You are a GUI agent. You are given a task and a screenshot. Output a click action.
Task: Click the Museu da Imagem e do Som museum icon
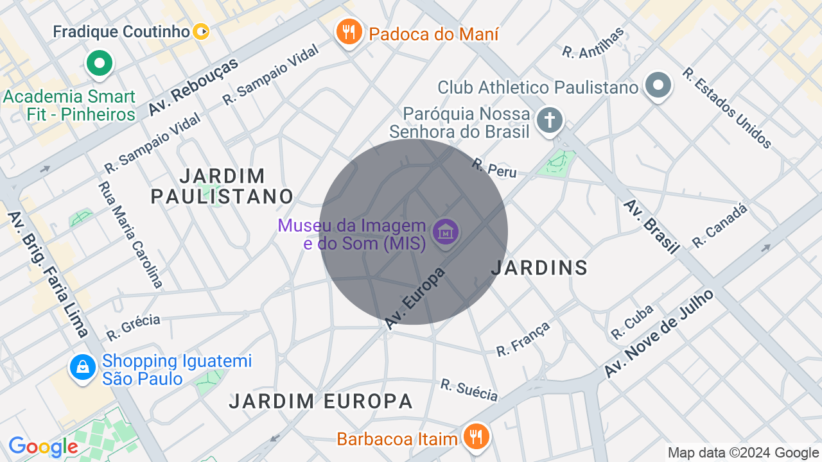click(x=445, y=232)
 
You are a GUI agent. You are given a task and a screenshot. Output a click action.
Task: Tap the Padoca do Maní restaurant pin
click(x=349, y=31)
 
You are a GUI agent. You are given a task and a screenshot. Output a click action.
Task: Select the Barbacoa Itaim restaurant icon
click(x=475, y=437)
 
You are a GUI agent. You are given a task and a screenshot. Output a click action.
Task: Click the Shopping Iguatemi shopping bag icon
click(x=83, y=368)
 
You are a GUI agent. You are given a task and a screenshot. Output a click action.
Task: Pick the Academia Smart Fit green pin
click(x=100, y=64)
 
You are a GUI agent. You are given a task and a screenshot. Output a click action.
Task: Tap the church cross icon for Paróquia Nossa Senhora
click(x=550, y=120)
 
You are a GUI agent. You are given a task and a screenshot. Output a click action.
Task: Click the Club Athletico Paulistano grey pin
click(x=658, y=86)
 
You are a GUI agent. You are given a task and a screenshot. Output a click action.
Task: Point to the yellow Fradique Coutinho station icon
click(x=202, y=31)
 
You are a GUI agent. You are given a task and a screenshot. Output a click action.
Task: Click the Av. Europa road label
click(x=415, y=298)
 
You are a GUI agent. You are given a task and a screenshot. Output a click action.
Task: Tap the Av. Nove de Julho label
click(x=659, y=334)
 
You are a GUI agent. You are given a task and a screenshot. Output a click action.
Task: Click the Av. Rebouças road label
click(x=193, y=87)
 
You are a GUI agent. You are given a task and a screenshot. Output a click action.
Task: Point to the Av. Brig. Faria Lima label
click(x=48, y=273)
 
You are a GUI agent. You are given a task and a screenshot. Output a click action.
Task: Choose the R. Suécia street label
click(x=469, y=389)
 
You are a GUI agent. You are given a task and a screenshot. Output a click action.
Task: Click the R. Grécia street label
click(x=133, y=327)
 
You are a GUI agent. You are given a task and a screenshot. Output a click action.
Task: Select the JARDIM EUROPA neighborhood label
click(x=320, y=401)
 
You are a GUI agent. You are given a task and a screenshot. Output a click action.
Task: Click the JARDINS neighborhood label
click(x=539, y=268)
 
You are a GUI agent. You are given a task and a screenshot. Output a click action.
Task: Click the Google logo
click(x=43, y=447)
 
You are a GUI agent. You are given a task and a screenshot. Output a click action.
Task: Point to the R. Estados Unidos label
click(x=727, y=108)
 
